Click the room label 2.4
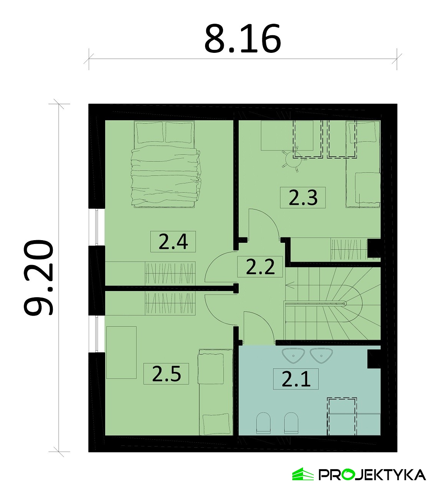coord(173,242)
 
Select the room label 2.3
coord(303,197)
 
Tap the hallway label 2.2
coord(260,267)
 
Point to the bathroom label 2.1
coord(296,379)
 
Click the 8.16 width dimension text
coord(242,38)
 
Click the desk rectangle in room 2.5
coord(121,352)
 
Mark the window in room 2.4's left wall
coord(96,227)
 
